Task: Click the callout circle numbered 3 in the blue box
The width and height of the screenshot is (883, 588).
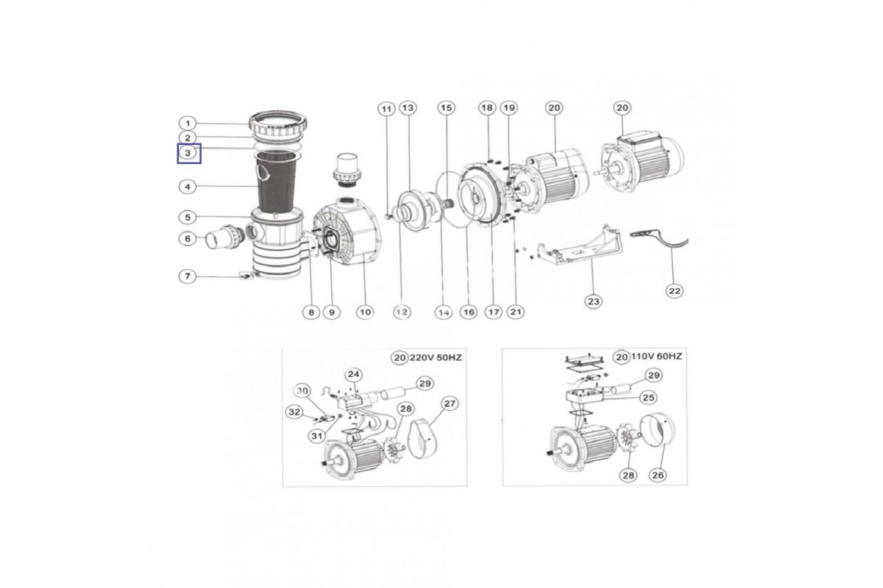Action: click(188, 153)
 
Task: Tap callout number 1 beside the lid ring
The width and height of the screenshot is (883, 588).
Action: click(188, 123)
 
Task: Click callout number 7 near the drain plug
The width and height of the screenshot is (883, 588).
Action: click(188, 276)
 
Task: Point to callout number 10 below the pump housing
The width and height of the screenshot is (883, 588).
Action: click(365, 312)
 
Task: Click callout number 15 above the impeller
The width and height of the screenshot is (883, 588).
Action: click(445, 108)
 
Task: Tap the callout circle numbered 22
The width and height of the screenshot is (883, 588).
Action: click(674, 290)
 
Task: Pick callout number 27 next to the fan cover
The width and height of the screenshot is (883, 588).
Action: click(450, 403)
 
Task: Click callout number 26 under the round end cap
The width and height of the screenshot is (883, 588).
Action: click(658, 475)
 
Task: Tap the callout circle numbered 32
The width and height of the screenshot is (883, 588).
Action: click(294, 412)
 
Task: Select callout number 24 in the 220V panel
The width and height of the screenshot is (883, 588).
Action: click(354, 374)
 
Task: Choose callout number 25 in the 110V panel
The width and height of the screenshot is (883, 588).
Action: click(649, 398)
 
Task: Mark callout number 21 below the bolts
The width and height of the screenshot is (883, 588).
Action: click(516, 312)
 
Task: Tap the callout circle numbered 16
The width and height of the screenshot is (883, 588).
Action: click(469, 312)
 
